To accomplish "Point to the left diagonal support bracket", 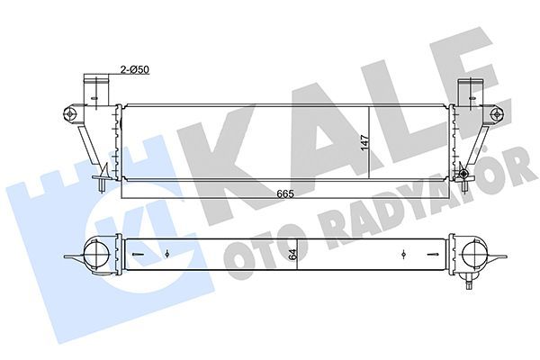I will pos(84,144).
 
